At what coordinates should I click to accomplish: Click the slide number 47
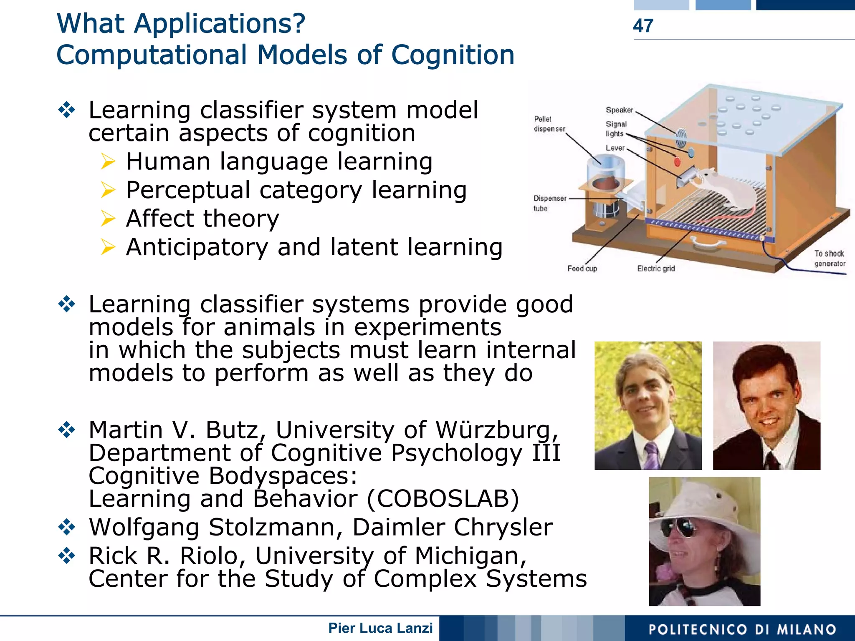643,26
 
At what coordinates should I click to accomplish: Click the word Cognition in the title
453,55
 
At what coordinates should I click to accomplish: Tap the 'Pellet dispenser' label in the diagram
549,124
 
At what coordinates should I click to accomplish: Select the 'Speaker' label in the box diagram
619,110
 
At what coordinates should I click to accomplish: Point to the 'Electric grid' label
655,269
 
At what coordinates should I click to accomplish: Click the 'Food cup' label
582,269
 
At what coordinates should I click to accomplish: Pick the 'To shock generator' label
829,259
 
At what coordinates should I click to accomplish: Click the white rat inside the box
726,188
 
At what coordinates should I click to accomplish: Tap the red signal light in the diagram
677,161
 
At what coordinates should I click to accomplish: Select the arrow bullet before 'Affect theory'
108,219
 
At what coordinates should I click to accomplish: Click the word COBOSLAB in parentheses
443,499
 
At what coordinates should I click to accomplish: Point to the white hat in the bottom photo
710,500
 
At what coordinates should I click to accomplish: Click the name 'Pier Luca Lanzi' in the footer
380,628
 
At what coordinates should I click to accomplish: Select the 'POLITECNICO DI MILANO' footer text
742,629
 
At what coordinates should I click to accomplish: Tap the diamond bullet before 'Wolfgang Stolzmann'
67,527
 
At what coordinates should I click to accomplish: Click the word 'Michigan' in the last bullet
470,556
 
